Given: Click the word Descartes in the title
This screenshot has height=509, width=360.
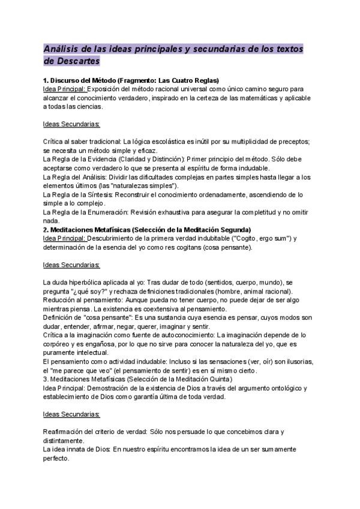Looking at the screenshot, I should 71,61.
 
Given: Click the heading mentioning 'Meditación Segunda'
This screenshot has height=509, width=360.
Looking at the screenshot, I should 147,230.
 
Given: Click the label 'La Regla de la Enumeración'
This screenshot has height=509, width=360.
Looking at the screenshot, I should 88,212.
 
